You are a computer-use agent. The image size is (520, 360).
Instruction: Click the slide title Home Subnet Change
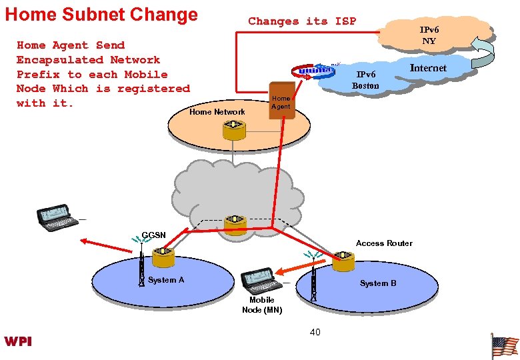tap(101, 15)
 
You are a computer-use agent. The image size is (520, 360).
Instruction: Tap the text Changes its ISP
tap(302, 21)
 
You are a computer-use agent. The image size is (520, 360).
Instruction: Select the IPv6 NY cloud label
tap(429, 35)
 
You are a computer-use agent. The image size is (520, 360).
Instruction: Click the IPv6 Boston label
tap(366, 80)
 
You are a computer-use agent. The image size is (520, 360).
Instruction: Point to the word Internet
tap(428, 68)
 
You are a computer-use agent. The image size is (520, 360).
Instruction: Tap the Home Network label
tap(217, 112)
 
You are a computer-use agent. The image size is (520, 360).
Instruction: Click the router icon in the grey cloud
tap(235, 225)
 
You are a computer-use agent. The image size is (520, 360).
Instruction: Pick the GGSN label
tap(154, 235)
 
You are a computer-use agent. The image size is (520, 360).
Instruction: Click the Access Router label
tap(384, 243)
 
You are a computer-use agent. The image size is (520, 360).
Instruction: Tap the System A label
tap(166, 280)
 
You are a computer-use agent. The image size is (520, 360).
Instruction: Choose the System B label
tap(378, 283)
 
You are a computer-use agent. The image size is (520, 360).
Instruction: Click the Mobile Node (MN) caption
tap(262, 305)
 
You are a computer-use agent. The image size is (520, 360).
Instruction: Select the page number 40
tap(315, 332)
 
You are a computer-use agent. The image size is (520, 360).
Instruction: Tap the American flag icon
tap(504, 346)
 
